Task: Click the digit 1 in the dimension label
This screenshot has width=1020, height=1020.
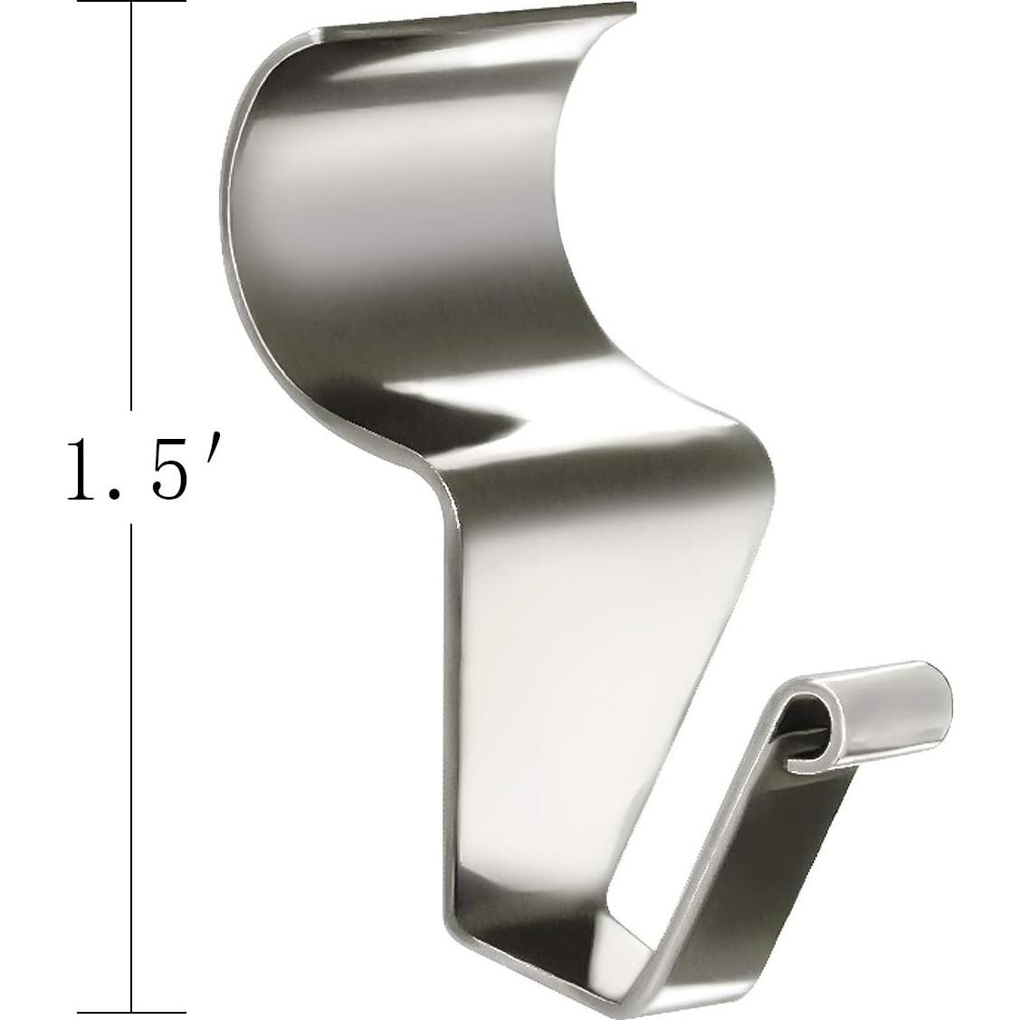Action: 85,467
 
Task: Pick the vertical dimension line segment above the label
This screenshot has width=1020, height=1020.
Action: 131,208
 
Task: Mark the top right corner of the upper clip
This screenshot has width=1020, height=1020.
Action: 630,9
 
